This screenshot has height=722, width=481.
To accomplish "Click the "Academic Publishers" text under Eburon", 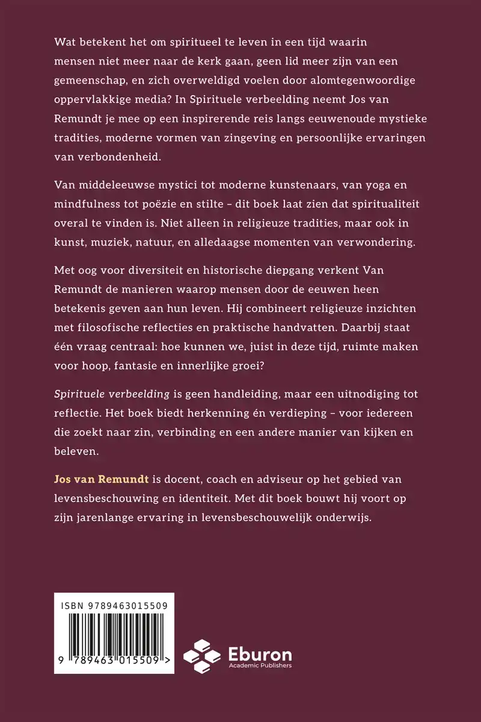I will coord(260,665).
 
